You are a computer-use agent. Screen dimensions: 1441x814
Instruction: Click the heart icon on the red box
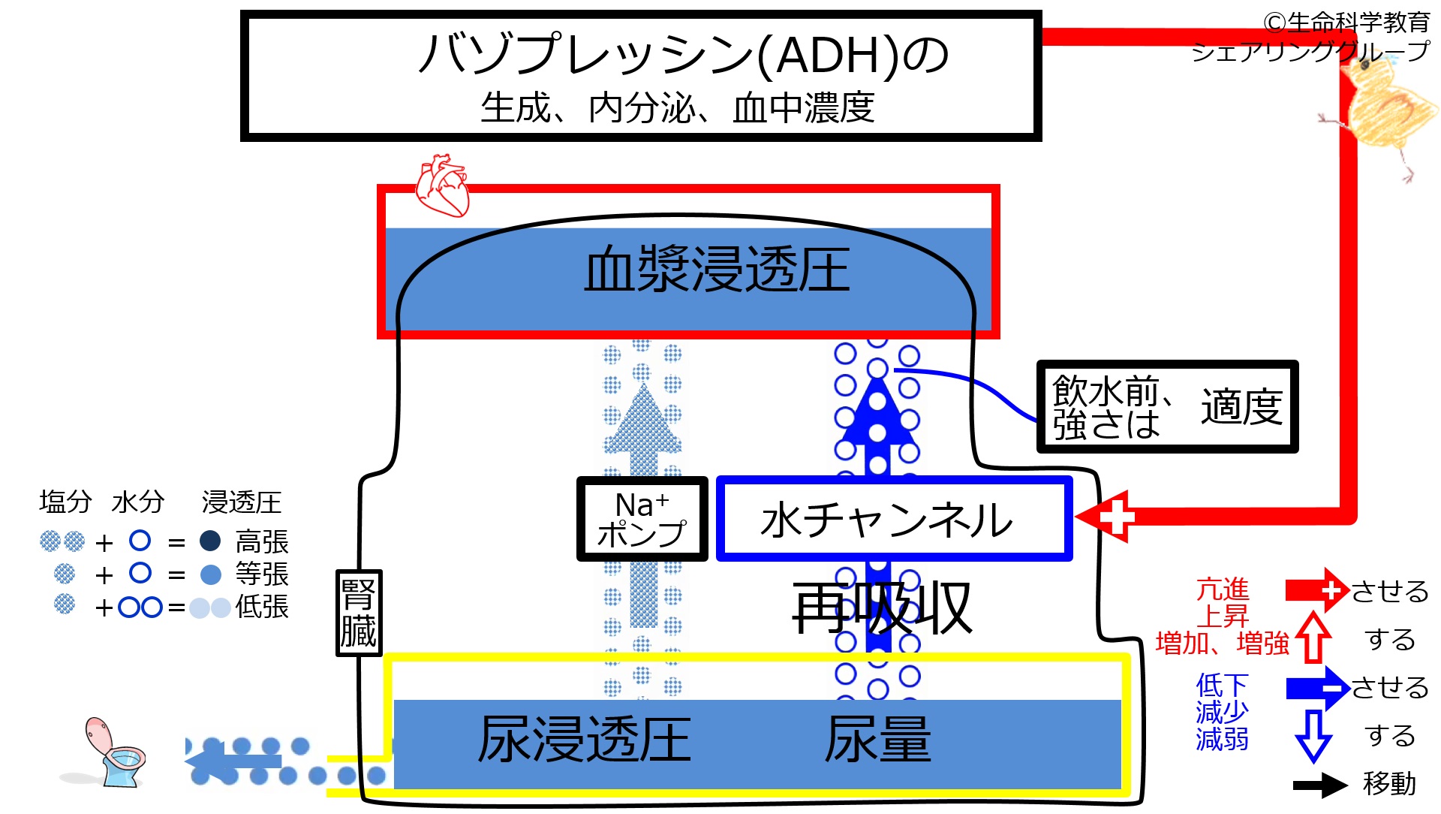pos(443,185)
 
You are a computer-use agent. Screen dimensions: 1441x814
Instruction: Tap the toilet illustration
pos(113,752)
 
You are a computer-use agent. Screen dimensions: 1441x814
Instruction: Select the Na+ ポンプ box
pos(642,519)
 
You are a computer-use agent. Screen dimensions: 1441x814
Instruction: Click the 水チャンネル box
pos(894,519)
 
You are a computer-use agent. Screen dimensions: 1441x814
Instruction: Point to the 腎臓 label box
pos(359,613)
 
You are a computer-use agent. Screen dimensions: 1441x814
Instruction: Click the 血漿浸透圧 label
pos(717,270)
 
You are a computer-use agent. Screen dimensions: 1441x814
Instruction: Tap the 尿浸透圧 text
pos(585,740)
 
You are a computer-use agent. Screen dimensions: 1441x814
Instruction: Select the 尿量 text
pos(878,740)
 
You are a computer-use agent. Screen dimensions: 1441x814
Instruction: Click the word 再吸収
pos(883,607)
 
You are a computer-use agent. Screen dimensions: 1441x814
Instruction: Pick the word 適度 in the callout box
pos(1241,407)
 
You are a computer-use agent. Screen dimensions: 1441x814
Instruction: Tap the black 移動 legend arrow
pos(1320,785)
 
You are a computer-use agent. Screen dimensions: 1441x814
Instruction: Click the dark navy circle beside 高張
pos(210,541)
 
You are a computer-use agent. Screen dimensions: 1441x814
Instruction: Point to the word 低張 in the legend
pos(262,607)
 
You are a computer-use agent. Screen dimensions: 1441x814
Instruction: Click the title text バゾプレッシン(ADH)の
pos(683,55)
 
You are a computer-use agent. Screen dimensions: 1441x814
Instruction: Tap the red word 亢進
pos(1223,589)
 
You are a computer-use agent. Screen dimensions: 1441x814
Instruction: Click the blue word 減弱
pos(1223,739)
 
